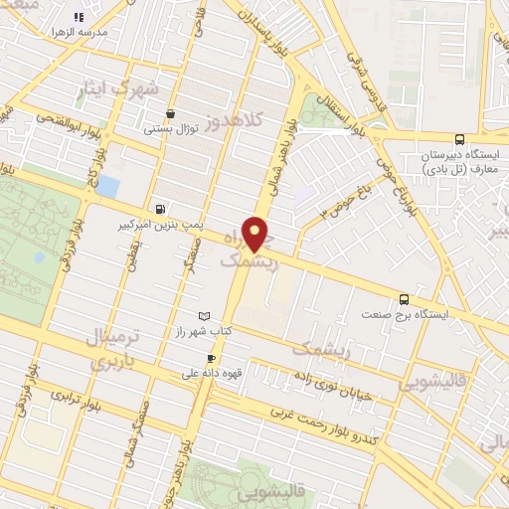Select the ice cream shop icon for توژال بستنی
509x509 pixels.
[x=173, y=113]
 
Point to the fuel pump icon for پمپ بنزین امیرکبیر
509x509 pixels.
[x=159, y=209]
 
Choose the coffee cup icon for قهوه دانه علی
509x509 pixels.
[x=211, y=359]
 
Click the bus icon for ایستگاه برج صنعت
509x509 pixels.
[x=403, y=298]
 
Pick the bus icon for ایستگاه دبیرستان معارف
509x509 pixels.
[x=458, y=140]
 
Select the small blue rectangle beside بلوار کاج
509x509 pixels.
[x=108, y=186]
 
